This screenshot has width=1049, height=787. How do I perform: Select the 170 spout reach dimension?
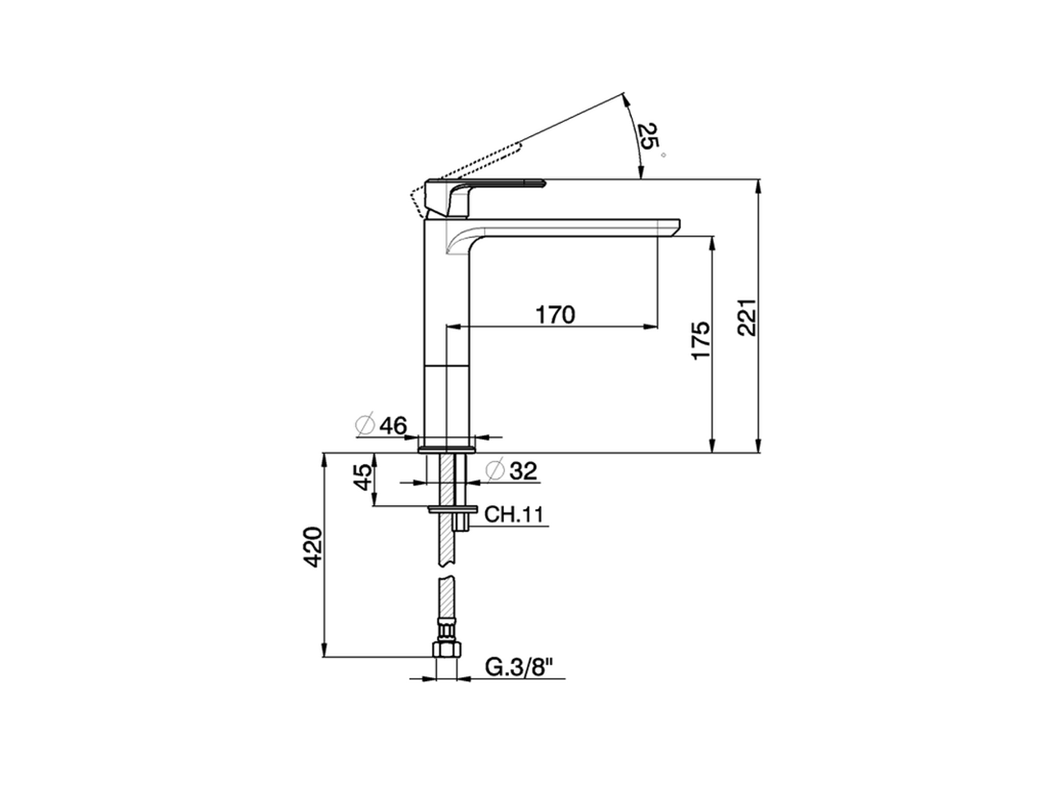point(555,314)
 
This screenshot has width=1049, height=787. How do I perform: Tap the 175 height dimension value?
point(699,340)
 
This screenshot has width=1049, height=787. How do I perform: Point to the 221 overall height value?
point(747,316)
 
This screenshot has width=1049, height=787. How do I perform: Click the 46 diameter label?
point(393,425)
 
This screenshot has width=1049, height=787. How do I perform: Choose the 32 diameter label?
point(522,471)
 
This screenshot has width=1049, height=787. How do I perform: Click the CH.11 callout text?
point(514,515)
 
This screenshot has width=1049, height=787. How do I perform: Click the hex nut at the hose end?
point(447,650)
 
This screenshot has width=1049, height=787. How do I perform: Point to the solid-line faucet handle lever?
point(492,187)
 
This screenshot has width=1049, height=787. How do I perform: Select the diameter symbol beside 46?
point(365,425)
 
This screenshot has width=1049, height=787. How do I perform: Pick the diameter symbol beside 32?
point(494,471)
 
